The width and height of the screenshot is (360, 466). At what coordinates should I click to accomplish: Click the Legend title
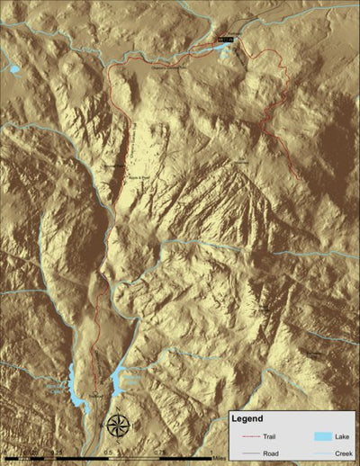246,419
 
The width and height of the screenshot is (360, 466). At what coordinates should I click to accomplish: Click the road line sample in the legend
246,453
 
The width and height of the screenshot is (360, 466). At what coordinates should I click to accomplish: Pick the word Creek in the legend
341,453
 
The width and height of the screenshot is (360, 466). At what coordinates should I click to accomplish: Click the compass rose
117,424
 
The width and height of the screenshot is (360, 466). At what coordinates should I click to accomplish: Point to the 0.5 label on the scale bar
109,453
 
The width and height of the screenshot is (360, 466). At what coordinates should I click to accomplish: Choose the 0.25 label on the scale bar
57,453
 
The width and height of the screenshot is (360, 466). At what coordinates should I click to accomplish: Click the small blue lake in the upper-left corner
14,68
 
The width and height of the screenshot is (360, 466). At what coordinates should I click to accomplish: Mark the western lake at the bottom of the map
73,386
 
